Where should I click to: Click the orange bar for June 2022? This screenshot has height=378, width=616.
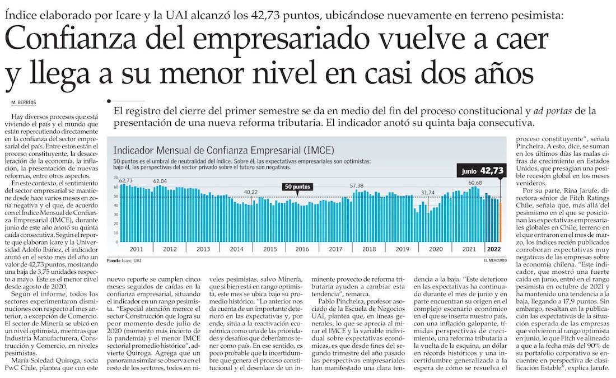click(500, 219)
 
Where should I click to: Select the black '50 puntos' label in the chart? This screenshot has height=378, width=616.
click(297, 186)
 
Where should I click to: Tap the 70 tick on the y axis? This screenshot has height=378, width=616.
click(116, 179)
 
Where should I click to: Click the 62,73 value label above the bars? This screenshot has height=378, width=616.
click(125, 180)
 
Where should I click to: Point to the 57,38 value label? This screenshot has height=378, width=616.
click(357, 185)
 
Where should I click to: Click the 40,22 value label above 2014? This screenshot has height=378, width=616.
click(251, 192)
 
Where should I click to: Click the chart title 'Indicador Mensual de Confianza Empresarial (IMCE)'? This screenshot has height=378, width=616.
click(223, 150)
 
